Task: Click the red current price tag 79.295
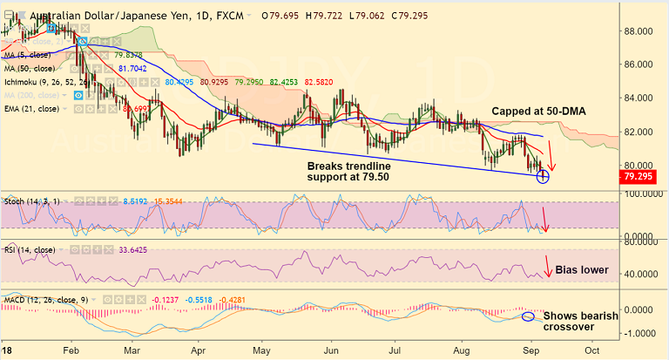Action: pos(642,177)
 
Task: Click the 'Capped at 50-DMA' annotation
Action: pos(537,112)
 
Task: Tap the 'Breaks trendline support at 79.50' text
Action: pos(355,171)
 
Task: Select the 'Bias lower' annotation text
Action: pos(582,270)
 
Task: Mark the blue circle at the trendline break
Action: pos(544,177)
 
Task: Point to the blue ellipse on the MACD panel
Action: pos(529,315)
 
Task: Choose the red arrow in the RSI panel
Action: pos(546,267)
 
